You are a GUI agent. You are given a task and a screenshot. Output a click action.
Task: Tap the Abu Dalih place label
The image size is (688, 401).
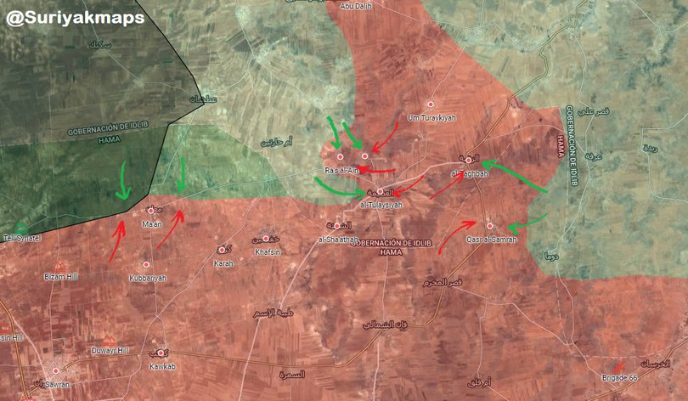coord(356,7)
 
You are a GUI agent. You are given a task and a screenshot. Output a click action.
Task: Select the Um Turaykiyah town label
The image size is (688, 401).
coord(431,117)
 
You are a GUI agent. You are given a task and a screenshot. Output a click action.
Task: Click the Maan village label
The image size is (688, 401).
coord(152,224)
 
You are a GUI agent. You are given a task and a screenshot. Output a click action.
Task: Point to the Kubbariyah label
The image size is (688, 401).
coord(148,278)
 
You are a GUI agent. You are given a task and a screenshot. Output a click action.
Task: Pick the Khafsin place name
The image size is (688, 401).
coord(266,251)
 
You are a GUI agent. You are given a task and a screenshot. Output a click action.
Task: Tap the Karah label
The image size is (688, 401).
coord(223,263)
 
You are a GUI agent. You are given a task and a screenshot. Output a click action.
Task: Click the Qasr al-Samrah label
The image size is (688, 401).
coord(490,239)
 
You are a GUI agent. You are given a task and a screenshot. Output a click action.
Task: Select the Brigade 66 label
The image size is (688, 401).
coord(619,377)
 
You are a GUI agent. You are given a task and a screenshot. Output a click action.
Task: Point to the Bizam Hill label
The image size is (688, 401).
coord(60,277)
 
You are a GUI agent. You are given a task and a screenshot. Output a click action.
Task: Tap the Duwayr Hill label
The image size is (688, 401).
coord(110,350)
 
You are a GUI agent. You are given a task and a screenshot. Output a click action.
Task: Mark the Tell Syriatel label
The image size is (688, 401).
coord(22,239)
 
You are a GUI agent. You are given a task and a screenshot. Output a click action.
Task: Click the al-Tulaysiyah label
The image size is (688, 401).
coord(381,205)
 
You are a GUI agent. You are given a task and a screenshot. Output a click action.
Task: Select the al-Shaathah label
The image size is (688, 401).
coord(337,240)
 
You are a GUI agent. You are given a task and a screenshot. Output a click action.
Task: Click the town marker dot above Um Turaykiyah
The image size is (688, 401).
coord(431,104)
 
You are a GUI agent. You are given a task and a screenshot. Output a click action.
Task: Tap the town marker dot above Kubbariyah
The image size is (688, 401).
coord(146,265)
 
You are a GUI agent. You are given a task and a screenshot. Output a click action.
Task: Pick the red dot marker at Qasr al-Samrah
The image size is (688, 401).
coord(490,225)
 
